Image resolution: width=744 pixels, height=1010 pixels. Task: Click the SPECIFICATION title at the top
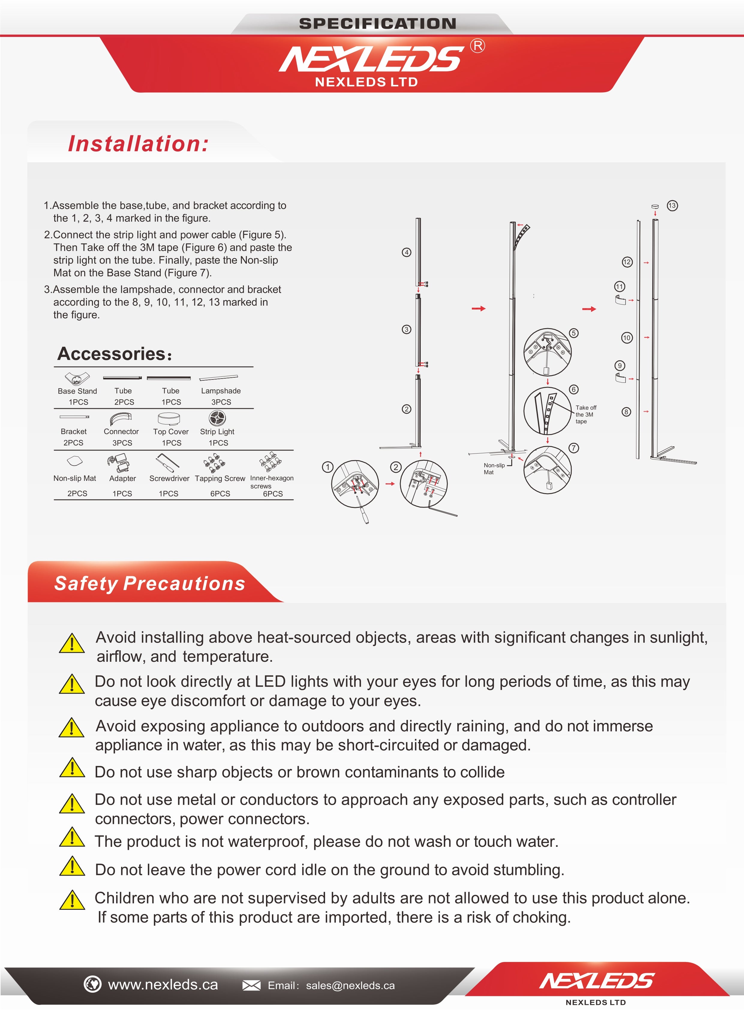coord(378,23)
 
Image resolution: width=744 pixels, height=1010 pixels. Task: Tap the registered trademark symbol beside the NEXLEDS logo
coord(478,46)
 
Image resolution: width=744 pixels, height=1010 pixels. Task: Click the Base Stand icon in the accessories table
coord(77,377)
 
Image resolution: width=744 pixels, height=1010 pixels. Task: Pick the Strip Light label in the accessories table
coord(217,432)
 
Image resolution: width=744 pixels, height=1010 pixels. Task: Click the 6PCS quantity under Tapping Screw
coord(220,494)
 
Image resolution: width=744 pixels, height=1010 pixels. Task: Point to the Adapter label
coord(122,478)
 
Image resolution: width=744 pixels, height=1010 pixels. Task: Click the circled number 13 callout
coord(672,206)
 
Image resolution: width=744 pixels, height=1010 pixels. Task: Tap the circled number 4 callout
coord(407,252)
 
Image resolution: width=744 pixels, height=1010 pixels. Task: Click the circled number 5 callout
coord(573,333)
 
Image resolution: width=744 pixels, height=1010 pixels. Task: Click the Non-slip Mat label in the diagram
coord(494,469)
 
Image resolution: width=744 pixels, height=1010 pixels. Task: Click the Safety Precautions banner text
coord(150,583)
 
